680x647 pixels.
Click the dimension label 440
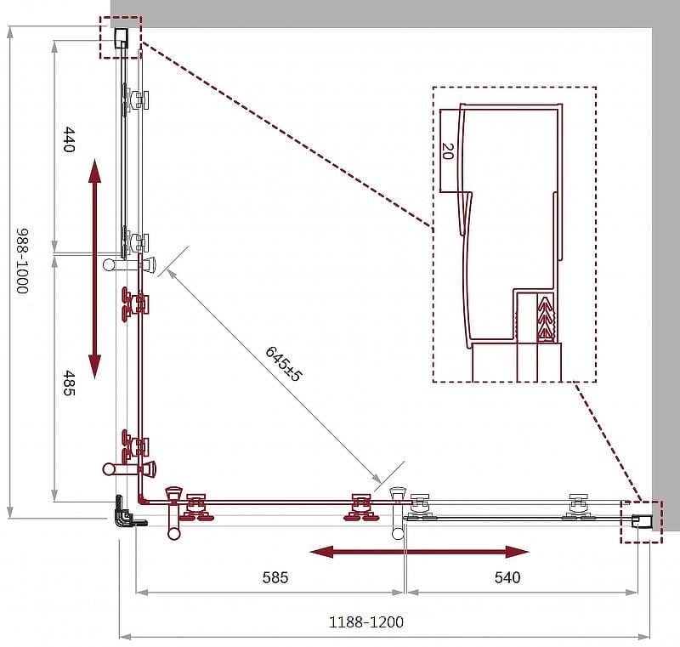tap(69, 139)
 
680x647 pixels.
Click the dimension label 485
tap(69, 383)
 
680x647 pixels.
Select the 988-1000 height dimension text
tap(22, 261)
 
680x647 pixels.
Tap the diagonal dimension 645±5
tap(283, 363)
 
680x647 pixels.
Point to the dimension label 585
tap(275, 577)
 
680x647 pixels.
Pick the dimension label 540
tap(507, 577)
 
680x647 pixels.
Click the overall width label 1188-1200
tap(366, 622)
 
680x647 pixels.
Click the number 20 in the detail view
tap(447, 150)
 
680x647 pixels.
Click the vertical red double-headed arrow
tap(94, 269)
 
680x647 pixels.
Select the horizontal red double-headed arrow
tap(419, 552)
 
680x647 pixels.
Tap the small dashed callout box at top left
tap(121, 37)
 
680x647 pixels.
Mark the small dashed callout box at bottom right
tap(642, 522)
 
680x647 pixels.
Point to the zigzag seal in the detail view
tap(546, 316)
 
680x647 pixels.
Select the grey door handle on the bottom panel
tap(397, 513)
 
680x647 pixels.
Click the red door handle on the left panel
tap(129, 468)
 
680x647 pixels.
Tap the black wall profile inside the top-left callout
tap(121, 38)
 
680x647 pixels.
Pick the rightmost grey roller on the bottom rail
tap(578, 507)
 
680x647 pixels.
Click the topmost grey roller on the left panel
tap(135, 100)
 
